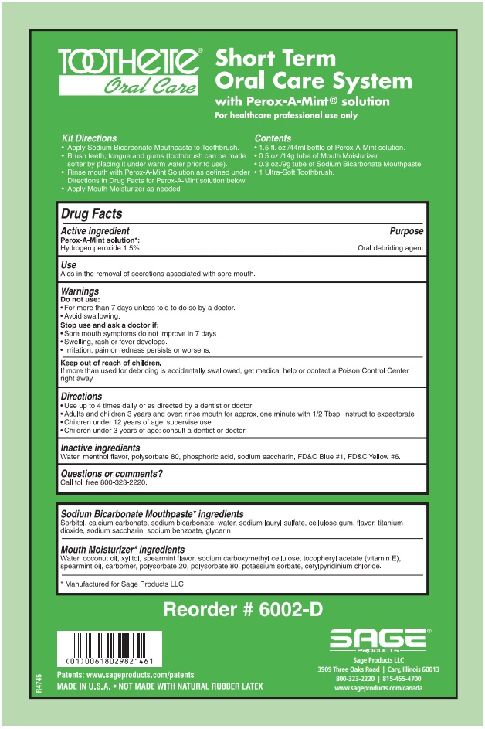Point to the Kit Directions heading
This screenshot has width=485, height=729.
(x=89, y=138)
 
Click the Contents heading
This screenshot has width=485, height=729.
(x=273, y=138)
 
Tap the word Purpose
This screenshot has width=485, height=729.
(x=406, y=231)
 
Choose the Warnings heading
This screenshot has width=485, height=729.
(x=80, y=291)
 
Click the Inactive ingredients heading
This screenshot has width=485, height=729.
(x=100, y=448)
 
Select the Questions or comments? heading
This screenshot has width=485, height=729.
(x=111, y=473)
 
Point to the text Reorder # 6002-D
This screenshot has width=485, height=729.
(x=242, y=610)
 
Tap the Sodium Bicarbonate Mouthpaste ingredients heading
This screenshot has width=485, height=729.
(x=151, y=513)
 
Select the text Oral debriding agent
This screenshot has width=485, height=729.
(x=390, y=248)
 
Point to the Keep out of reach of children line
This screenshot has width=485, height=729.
(x=110, y=363)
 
